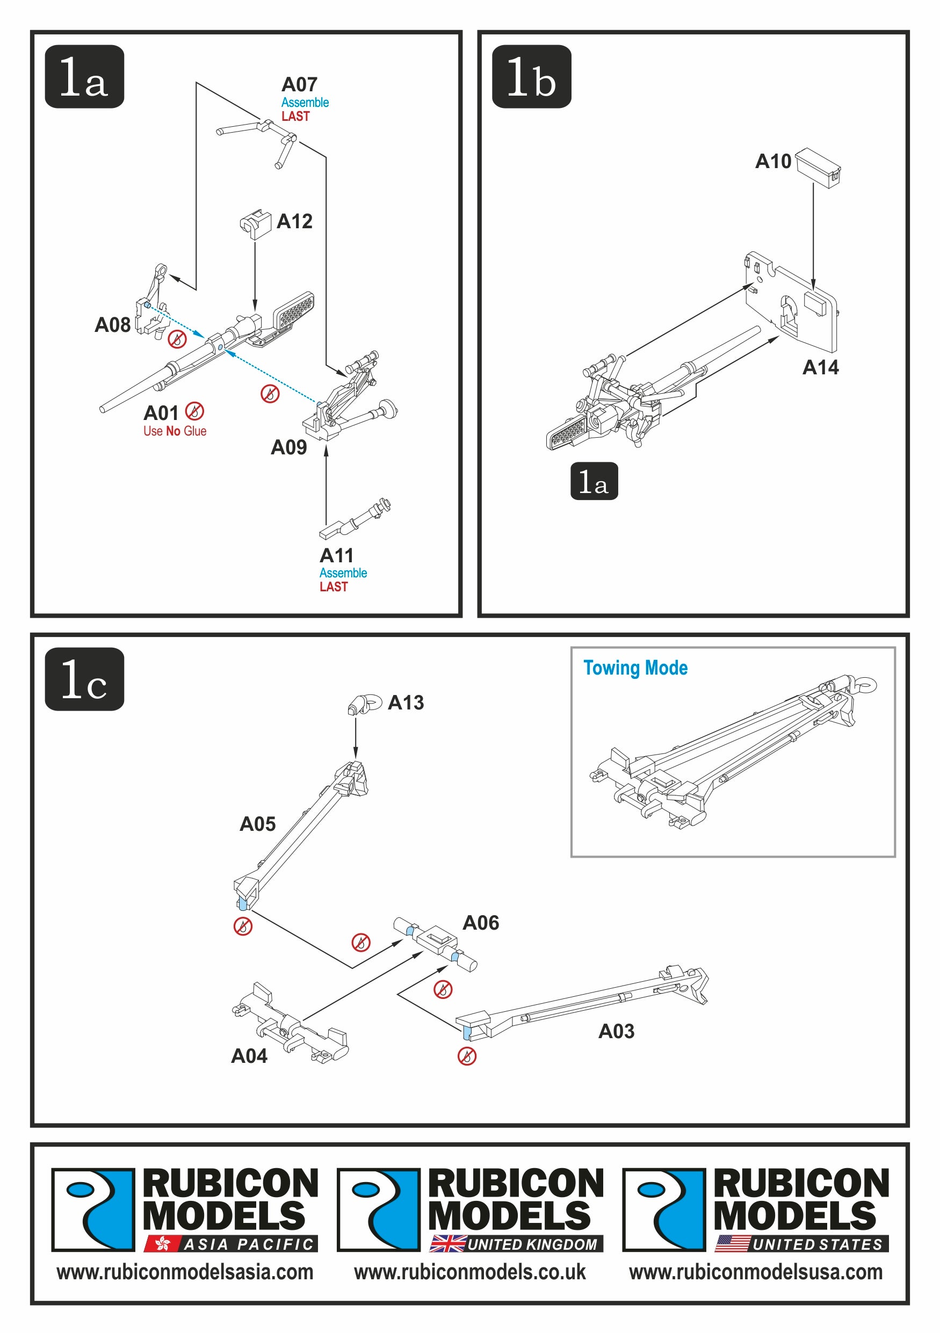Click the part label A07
click(299, 85)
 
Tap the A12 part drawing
click(255, 223)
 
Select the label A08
click(113, 325)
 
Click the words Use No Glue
click(175, 431)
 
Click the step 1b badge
click(531, 77)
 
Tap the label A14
click(820, 367)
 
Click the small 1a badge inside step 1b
click(594, 481)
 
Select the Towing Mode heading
click(635, 668)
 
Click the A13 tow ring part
click(364, 704)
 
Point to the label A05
click(258, 824)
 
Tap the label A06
click(480, 923)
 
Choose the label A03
click(616, 1031)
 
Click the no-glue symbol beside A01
click(194, 411)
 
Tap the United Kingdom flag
click(447, 1244)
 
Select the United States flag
click(732, 1244)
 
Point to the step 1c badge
click(84, 679)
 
